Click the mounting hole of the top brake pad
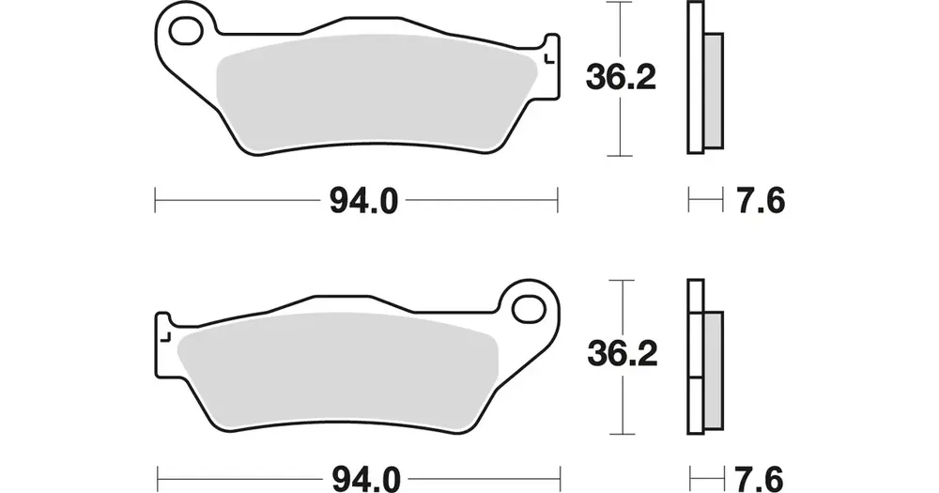(x=186, y=30)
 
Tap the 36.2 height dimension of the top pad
(x=621, y=78)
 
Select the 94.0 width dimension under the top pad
(x=363, y=201)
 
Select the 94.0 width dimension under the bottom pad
(x=365, y=479)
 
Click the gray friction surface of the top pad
(x=377, y=90)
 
